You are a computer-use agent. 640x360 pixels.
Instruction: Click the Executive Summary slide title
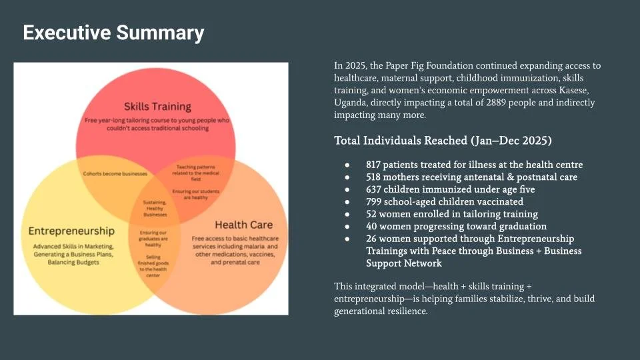pos(113,32)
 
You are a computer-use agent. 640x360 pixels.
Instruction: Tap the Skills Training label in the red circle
pos(157,106)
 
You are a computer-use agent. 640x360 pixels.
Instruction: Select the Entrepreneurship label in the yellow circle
pos(71,231)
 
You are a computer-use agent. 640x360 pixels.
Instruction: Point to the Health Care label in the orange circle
pos(243,225)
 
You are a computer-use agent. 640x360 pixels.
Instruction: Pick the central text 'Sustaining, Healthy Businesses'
pos(155,208)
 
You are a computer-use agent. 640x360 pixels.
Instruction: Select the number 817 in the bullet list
pos(374,165)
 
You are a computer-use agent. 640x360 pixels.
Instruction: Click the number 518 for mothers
pos(374,177)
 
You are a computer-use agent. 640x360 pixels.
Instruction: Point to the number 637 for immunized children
pos(374,189)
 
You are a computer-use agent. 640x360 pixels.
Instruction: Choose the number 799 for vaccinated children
pos(374,202)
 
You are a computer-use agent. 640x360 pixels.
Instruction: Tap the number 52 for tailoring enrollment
pos(371,214)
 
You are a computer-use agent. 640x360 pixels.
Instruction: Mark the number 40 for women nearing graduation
pos(372,227)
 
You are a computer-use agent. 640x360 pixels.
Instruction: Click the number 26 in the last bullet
pos(371,239)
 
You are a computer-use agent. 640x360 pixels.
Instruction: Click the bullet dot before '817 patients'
pos(347,165)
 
